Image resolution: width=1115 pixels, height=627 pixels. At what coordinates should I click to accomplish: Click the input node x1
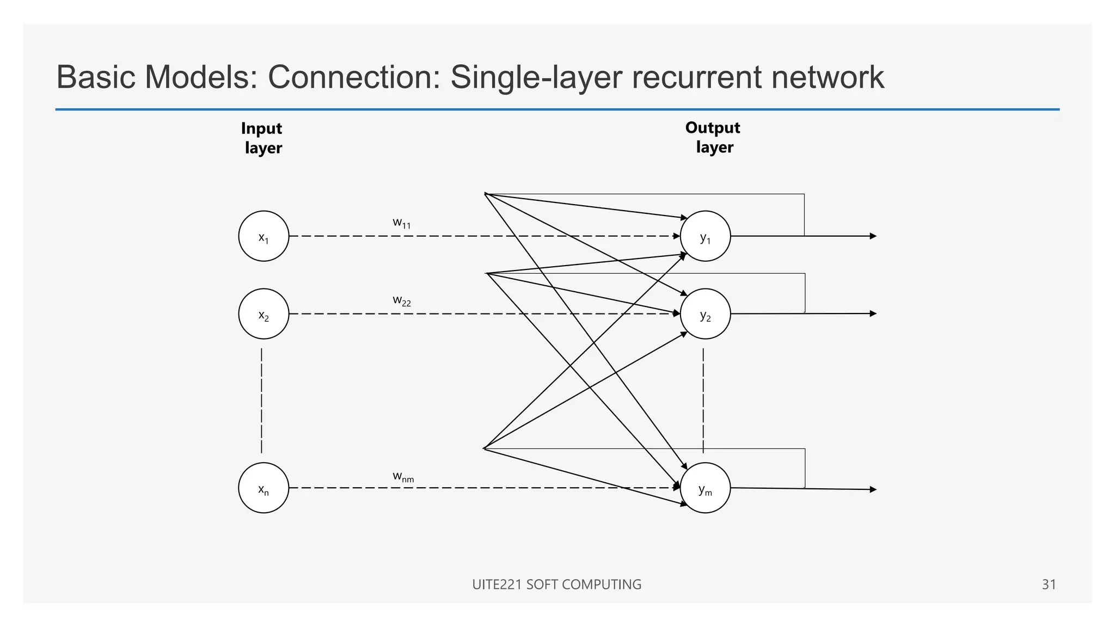pyautogui.click(x=264, y=236)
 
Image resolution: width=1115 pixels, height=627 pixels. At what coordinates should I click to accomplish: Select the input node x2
pyautogui.click(x=264, y=314)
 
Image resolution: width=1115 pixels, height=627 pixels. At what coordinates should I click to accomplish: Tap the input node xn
pyautogui.click(x=264, y=488)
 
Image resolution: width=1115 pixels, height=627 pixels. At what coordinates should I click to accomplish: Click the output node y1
pyautogui.click(x=705, y=236)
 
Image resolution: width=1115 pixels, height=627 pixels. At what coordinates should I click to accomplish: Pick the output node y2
pyautogui.click(x=705, y=314)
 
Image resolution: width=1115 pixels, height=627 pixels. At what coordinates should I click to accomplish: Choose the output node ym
pyautogui.click(x=705, y=488)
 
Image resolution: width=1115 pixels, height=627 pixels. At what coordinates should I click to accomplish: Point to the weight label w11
pyautogui.click(x=402, y=223)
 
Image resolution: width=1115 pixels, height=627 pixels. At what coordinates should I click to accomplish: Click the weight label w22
pyautogui.click(x=402, y=300)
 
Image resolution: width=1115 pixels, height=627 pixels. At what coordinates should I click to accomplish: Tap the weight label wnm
pyautogui.click(x=403, y=477)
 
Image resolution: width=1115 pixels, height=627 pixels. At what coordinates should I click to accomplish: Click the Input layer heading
pyautogui.click(x=262, y=138)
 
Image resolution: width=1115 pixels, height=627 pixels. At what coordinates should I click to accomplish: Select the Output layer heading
pyautogui.click(x=713, y=137)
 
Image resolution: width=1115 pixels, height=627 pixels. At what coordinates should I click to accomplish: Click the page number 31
pyautogui.click(x=1049, y=585)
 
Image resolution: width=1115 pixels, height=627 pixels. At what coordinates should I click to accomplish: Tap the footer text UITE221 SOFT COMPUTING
pyautogui.click(x=556, y=585)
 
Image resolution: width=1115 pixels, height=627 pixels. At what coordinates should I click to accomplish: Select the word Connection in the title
pyautogui.click(x=353, y=77)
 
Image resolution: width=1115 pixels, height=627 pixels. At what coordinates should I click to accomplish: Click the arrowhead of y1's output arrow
pyautogui.click(x=873, y=236)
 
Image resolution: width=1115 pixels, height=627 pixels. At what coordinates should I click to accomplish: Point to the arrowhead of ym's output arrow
pyautogui.click(x=873, y=489)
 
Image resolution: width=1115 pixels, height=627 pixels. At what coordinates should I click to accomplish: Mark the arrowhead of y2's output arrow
pyautogui.click(x=873, y=313)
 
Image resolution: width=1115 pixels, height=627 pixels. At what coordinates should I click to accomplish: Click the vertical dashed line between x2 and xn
pyautogui.click(x=262, y=401)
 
